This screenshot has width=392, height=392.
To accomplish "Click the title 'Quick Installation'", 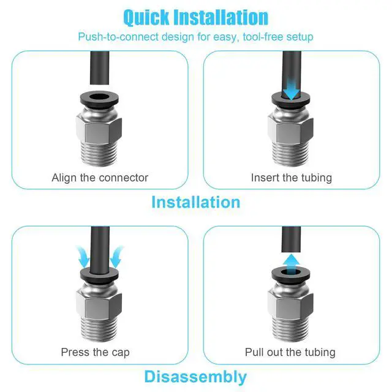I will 195,17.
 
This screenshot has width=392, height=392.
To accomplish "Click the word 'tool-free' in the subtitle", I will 263,37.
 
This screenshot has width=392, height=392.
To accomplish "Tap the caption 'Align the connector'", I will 100,178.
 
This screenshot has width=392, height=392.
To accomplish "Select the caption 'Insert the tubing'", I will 291,178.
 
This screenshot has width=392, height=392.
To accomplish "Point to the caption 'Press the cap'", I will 95,352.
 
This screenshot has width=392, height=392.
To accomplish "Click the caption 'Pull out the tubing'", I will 290,352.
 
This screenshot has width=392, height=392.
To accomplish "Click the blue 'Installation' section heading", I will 195,202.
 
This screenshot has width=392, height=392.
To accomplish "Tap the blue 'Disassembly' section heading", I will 195,376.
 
